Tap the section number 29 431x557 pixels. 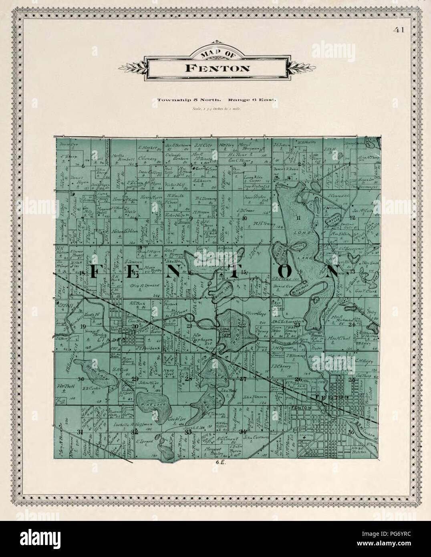(x=135, y=379)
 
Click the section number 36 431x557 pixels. (x=351, y=432)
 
